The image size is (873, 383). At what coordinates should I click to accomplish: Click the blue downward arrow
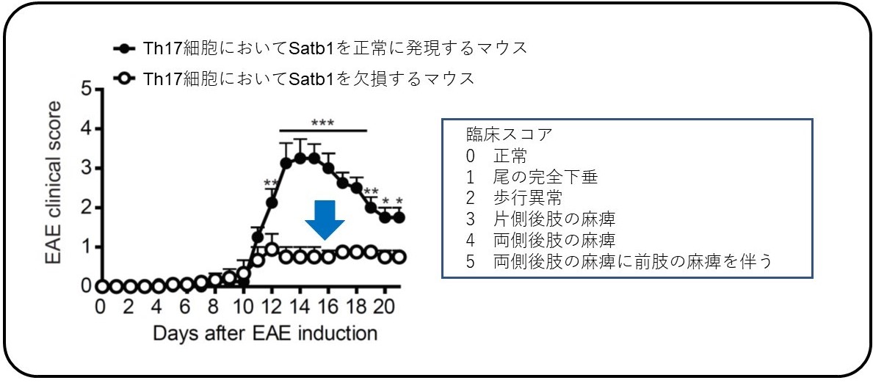tap(325, 219)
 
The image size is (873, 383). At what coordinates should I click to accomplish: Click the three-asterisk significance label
tap(322, 123)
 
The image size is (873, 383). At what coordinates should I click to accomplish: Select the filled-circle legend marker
tap(126, 49)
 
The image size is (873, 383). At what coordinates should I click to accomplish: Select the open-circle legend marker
tap(126, 79)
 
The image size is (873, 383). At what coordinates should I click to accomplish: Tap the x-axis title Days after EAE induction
tap(264, 333)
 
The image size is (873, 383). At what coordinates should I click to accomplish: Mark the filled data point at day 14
tap(300, 158)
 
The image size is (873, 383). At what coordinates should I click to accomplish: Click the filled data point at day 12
tap(272, 203)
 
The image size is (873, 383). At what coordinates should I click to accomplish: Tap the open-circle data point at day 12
tap(272, 249)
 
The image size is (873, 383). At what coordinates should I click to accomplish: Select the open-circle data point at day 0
tap(102, 287)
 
